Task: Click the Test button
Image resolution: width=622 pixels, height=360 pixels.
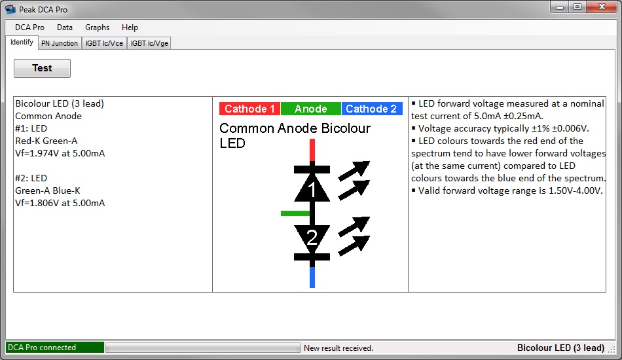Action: point(42,68)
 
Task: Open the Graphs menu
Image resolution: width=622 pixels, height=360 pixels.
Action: point(97,27)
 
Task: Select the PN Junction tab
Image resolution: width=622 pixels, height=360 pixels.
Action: point(60,43)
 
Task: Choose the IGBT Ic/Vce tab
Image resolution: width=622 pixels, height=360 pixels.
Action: point(104,43)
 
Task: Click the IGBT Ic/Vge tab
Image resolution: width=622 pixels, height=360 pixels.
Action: point(149,43)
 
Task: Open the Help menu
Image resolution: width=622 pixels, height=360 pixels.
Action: point(130,27)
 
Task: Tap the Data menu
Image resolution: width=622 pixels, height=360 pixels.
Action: point(65,27)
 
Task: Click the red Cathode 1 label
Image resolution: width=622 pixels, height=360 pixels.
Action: point(249,109)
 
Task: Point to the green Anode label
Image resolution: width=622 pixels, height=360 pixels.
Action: point(310,109)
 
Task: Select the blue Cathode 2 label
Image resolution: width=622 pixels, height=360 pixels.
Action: point(372,109)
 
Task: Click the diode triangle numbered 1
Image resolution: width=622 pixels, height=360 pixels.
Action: point(312,188)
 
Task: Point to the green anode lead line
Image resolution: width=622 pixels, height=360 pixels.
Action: point(295,213)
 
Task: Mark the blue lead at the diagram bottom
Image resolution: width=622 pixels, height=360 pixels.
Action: point(312,277)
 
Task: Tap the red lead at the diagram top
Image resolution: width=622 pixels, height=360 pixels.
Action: point(312,150)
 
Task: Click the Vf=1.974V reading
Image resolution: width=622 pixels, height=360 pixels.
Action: point(60,153)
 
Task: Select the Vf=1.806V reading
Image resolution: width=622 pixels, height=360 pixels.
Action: point(60,203)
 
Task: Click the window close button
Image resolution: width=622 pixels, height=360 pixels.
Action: point(602,7)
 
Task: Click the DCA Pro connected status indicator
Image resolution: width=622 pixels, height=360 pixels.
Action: point(55,348)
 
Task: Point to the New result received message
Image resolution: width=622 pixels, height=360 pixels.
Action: point(338,348)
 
